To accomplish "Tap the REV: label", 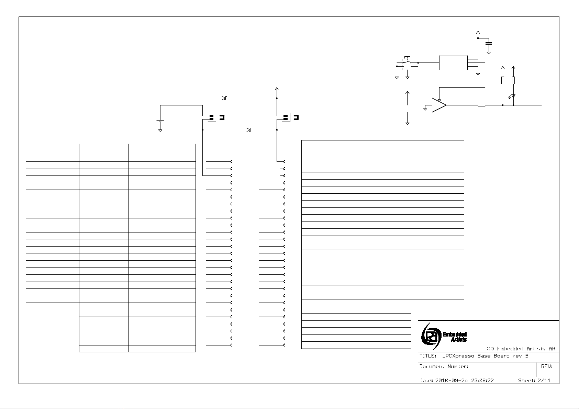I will pyautogui.click(x=547, y=366).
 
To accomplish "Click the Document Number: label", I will pyautogui.click(x=444, y=366).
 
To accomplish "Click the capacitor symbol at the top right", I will pyautogui.click(x=488, y=44).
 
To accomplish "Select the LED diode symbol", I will pyautogui.click(x=513, y=96).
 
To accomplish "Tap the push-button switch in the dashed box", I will pyautogui.click(x=408, y=63).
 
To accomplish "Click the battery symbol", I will pyautogui.click(x=160, y=121).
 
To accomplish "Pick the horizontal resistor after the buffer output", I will pyautogui.click(x=481, y=105).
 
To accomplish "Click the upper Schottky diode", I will pyautogui.click(x=224, y=98).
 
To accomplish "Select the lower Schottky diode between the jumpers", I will pyautogui.click(x=249, y=130).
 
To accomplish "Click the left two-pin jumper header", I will pyautogui.click(x=212, y=117).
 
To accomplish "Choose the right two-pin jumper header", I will pyautogui.click(x=286, y=117).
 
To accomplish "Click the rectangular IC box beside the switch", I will pyautogui.click(x=453, y=63).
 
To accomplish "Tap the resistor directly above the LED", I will pyautogui.click(x=513, y=80).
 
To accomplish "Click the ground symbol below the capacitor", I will pyautogui.click(x=488, y=53).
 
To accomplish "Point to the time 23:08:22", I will pyautogui.click(x=482, y=380).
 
